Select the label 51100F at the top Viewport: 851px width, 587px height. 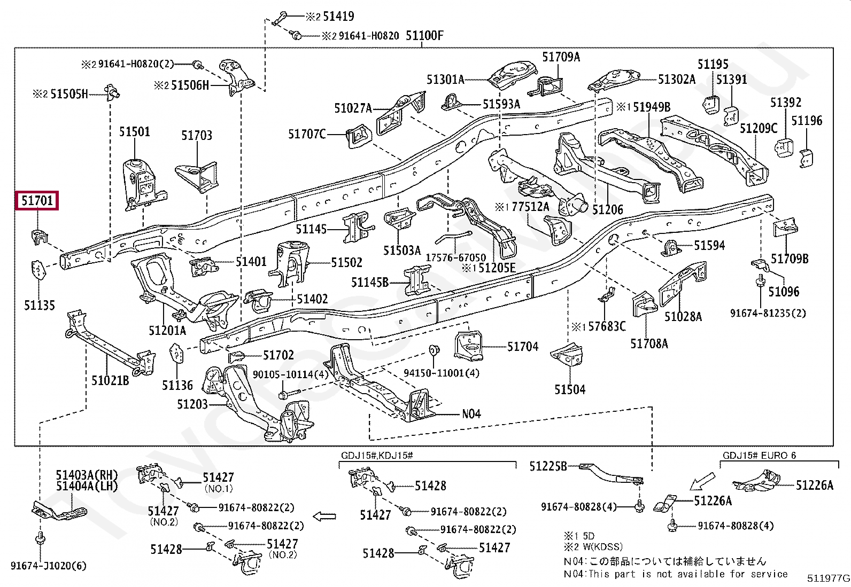[425, 36]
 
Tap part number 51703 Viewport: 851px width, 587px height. [197, 135]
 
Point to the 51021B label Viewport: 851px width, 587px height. [110, 380]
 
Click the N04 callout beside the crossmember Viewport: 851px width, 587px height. [471, 413]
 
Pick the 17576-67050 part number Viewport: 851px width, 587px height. [456, 257]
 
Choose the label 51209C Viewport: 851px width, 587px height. [759, 128]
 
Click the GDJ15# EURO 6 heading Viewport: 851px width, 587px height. [759, 456]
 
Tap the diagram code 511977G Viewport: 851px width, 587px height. [827, 578]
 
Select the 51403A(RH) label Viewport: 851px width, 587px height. [87, 474]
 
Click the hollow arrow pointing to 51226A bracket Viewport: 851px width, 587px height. [702, 481]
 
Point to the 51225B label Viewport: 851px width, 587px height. [548, 466]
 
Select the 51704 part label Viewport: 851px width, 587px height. [523, 347]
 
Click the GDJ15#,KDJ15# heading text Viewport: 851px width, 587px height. [377, 456]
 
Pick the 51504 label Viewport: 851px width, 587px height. [570, 389]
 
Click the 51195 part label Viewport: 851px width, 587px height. [714, 64]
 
